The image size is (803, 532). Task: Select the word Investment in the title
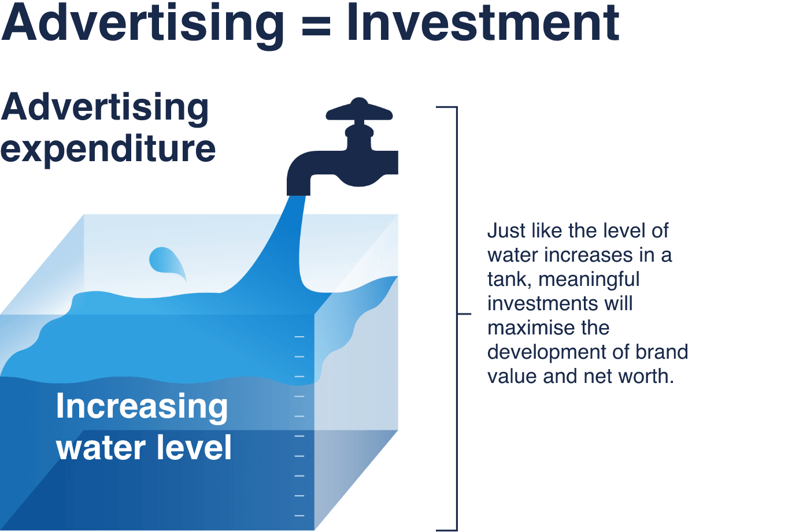483,23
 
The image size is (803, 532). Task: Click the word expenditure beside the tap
108,150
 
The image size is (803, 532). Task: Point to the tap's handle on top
359,110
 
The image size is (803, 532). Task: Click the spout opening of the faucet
298,193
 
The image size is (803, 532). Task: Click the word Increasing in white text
142,408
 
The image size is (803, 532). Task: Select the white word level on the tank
194,447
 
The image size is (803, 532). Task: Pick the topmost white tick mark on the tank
299,337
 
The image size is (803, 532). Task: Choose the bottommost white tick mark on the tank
299,515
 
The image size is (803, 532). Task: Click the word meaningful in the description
589,280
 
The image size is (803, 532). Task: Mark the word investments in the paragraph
542,303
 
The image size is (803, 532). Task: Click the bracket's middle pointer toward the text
464,314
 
